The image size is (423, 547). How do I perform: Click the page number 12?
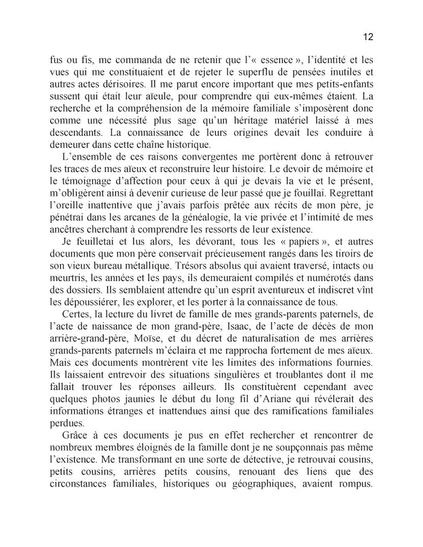[x=368, y=36]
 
